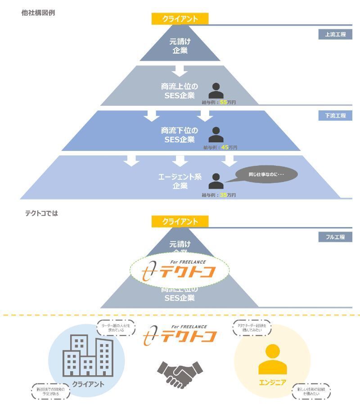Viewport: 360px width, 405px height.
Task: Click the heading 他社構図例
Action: [38, 13]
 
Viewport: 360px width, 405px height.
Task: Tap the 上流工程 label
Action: [335, 34]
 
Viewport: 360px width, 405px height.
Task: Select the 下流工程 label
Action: [335, 116]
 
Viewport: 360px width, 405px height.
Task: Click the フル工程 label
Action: [335, 237]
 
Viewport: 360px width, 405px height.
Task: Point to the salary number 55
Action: [224, 103]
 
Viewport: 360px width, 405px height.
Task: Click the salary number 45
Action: [224, 147]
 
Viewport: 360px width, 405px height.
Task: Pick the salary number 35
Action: [224, 195]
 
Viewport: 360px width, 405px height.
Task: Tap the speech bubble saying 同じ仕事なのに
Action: [266, 174]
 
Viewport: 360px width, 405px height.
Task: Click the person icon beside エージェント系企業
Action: [216, 181]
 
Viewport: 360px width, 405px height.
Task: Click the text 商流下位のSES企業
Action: [180, 135]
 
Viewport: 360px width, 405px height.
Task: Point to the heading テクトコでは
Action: [41, 213]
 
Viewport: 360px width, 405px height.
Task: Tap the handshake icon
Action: [180, 371]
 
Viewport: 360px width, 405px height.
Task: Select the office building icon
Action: [88, 357]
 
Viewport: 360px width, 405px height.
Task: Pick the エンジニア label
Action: [272, 383]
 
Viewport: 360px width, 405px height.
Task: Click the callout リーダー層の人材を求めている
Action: [116, 328]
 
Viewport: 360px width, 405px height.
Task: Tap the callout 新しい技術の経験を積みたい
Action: [311, 391]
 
